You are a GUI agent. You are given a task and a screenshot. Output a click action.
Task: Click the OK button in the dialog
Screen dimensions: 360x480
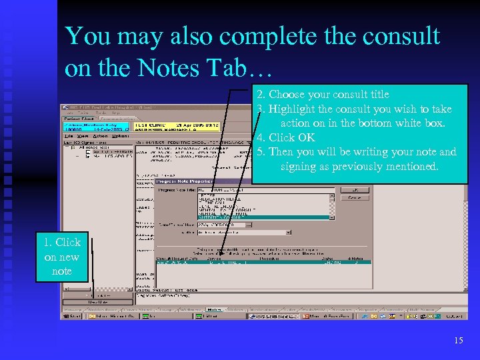[x=354, y=189]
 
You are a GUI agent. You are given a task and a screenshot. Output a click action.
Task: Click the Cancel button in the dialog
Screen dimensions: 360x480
[x=354, y=197]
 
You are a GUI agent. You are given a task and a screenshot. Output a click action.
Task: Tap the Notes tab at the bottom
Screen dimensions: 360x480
[x=215, y=309]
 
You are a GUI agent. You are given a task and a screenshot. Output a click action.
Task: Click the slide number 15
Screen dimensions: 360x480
[x=458, y=341]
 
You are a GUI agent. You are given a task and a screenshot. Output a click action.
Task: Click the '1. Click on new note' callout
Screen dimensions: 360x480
[x=62, y=257]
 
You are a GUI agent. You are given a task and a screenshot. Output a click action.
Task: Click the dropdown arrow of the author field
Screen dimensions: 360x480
[x=288, y=233]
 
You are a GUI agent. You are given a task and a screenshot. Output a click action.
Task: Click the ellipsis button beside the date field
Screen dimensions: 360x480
[x=249, y=225]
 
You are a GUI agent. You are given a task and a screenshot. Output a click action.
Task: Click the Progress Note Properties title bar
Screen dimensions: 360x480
[x=200, y=181]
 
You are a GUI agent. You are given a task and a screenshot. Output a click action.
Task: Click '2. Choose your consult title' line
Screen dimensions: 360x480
[x=329, y=94]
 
